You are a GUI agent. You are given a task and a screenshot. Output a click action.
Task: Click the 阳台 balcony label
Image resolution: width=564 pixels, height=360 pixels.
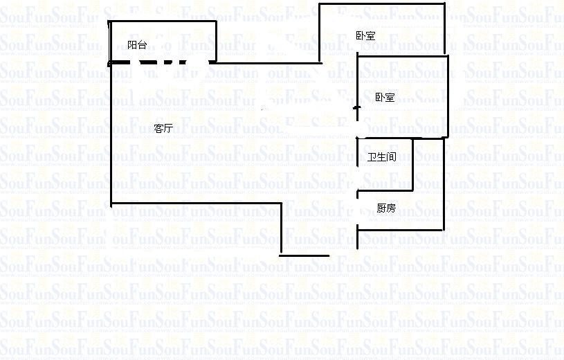137,45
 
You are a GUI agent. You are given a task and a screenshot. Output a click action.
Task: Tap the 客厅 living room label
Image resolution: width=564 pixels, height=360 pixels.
163,128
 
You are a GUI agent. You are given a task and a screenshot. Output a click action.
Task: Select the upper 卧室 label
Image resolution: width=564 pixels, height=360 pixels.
365,36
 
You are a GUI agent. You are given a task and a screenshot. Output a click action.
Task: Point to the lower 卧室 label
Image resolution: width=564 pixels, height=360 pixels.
385,98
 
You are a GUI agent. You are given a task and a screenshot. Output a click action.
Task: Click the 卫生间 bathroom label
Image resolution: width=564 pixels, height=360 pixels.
381,157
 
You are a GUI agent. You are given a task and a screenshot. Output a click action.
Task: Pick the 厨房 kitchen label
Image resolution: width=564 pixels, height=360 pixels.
385,208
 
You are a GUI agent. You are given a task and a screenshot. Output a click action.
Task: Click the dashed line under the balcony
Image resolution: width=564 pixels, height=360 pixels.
159,63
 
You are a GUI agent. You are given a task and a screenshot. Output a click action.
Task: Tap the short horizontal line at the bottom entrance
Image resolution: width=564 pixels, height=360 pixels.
304,255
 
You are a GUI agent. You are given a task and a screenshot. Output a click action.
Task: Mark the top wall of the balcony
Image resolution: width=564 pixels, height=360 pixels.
163,21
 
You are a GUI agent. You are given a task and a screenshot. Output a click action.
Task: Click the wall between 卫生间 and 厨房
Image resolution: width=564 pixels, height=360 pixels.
385,190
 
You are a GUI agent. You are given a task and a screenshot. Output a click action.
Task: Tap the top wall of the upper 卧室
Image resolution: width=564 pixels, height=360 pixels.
381,4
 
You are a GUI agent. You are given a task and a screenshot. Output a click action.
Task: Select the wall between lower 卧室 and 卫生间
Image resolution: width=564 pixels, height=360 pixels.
401,138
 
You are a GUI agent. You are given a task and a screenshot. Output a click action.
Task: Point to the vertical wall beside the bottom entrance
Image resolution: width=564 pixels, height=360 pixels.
281,228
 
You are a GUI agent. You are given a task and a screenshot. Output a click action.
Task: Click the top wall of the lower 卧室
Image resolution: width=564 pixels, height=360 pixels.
402,56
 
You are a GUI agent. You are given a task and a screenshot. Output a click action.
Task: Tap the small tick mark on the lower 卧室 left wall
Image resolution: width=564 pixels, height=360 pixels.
356,108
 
